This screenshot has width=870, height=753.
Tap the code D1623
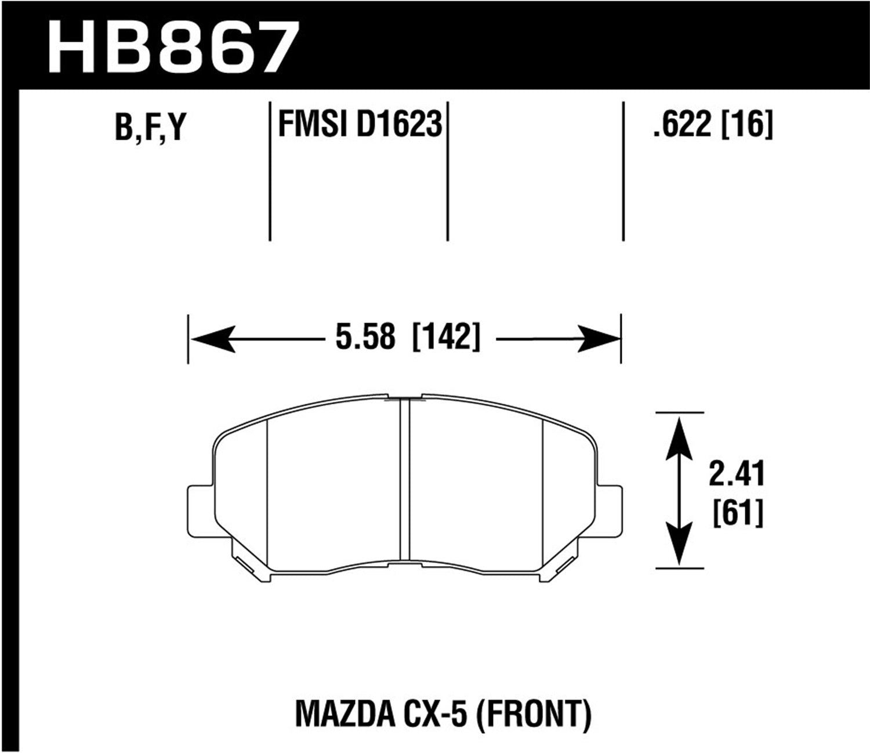coord(399,124)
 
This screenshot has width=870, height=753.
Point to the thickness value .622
coord(681,124)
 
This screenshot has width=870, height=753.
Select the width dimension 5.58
coord(365,336)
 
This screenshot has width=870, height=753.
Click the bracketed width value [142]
coord(446,336)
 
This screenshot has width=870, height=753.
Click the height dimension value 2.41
coord(737,474)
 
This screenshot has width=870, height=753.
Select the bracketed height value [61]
coord(737,513)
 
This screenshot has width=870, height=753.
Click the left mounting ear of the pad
coord(200,511)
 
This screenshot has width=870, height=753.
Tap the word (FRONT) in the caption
coord(534,714)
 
